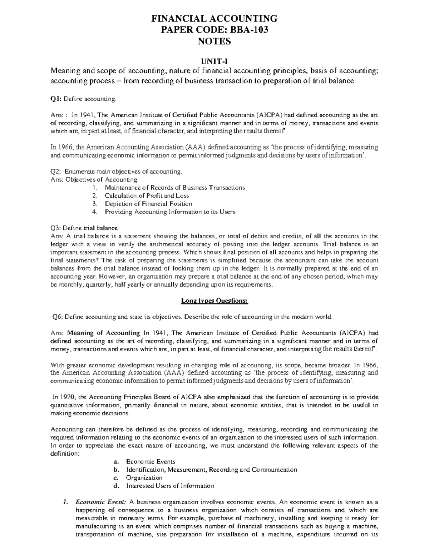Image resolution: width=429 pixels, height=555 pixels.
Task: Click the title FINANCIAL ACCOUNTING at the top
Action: pos(214,19)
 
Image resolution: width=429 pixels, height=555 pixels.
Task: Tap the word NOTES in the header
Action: pos(214,41)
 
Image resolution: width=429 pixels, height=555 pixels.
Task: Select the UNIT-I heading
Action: pos(214,62)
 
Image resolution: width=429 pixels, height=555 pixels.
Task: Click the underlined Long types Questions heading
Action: pos(214,301)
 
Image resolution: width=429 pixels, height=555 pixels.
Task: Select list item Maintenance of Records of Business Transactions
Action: pos(174,188)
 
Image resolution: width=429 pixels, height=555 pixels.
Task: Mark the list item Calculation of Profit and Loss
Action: pos(147,196)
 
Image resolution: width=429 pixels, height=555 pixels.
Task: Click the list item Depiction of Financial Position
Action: pos(148,204)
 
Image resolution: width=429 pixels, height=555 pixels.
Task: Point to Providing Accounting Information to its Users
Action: pos(170,212)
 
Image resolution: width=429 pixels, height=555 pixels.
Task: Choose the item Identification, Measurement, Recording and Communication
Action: pos(211,470)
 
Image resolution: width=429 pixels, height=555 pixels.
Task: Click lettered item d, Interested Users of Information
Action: pos(170,486)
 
